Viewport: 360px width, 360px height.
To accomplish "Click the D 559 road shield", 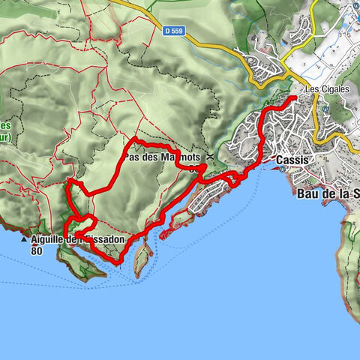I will (x=172, y=31).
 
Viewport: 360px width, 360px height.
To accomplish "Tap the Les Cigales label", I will (x=323, y=88).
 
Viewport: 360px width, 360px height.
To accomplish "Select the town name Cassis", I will (x=293, y=160).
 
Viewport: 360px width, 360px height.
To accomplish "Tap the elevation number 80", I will (x=37, y=251).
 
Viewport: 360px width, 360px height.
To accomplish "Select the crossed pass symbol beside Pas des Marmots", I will (x=211, y=156).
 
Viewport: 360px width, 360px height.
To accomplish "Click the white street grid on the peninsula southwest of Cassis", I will (x=206, y=199).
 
